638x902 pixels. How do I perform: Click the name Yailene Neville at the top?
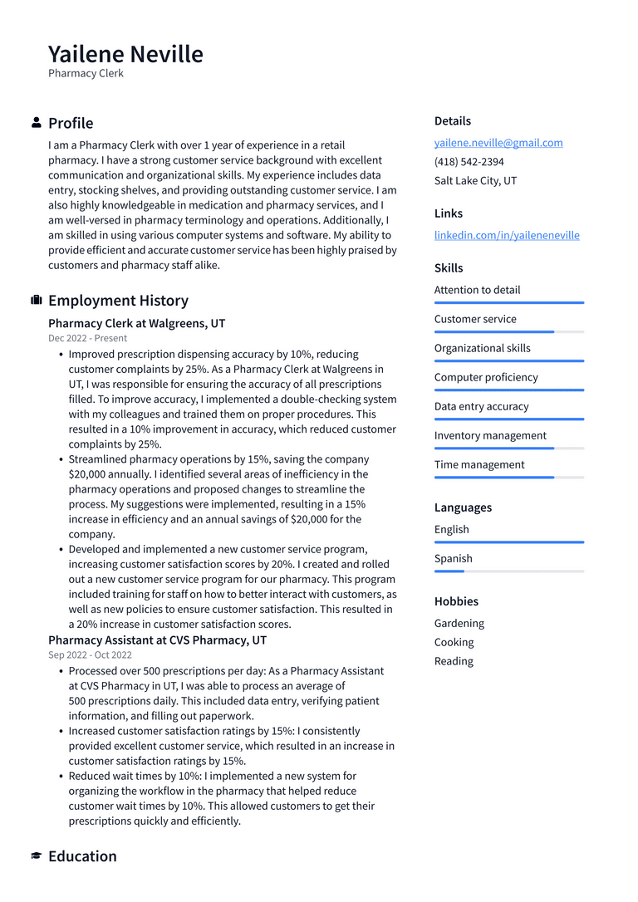coord(125,54)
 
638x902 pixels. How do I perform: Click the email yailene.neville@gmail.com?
coord(498,143)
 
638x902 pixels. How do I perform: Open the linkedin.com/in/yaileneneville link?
coord(507,235)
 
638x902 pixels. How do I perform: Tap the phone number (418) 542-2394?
coord(469,162)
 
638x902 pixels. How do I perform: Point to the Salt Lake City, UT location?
coord(475,181)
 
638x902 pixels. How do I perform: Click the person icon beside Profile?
coord(37,123)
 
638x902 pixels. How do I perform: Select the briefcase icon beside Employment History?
coord(37,301)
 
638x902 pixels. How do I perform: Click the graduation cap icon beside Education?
coord(37,856)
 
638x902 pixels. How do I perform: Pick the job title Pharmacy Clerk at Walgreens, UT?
coord(136,323)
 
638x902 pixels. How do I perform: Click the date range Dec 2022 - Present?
coord(87,338)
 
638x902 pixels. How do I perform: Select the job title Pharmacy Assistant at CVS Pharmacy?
coord(157,640)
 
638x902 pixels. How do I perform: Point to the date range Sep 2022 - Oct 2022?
coord(90,655)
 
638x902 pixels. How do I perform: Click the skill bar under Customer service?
coord(508,332)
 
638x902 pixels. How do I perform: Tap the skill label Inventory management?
coord(490,436)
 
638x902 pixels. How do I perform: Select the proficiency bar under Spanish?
coord(508,571)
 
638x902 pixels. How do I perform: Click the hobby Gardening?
coord(459,624)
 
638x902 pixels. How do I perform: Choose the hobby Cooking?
coord(454,643)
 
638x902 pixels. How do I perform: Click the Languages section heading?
coord(463,507)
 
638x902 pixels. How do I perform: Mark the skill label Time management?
coord(479,465)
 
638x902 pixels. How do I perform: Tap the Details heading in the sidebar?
coord(453,121)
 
